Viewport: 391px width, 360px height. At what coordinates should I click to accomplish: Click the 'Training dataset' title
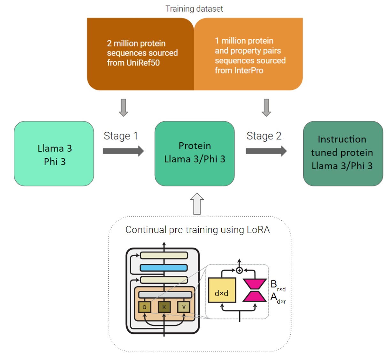194,9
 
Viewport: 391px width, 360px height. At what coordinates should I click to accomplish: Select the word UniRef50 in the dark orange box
143,63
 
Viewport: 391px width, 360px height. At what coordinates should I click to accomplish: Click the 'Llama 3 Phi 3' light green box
54,154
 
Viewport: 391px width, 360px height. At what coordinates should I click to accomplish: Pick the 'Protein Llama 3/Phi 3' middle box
195,154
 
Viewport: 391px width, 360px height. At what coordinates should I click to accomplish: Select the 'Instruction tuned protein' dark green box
343,154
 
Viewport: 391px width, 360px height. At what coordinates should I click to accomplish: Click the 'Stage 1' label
121,136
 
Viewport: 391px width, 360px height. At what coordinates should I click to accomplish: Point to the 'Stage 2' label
264,136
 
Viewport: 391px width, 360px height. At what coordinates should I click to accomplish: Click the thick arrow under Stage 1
123,151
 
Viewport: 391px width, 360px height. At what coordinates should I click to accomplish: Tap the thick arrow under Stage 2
266,151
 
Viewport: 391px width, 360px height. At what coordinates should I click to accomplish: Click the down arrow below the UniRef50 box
123,108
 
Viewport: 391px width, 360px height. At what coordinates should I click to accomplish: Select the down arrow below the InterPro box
266,108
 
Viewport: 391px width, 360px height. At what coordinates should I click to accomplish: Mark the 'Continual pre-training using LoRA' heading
197,230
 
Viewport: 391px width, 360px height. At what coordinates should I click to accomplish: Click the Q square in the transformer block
144,307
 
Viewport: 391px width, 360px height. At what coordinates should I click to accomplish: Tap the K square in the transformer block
164,307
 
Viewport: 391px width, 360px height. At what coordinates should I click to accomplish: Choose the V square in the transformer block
184,307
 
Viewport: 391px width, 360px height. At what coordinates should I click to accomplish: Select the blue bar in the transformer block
164,268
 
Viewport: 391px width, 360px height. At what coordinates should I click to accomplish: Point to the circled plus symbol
239,271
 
